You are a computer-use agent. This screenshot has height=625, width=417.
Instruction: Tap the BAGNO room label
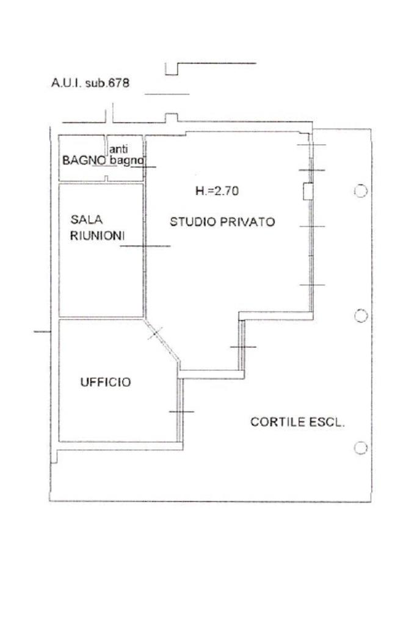[x=84, y=160]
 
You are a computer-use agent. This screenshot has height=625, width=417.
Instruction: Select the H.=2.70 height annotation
[x=217, y=191]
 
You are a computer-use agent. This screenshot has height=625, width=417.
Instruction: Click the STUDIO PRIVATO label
[x=222, y=222]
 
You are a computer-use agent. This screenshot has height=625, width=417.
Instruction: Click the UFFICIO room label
[x=106, y=382]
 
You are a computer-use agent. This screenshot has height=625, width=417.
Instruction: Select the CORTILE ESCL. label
[x=298, y=422]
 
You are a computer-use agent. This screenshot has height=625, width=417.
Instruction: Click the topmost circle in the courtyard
[x=361, y=191]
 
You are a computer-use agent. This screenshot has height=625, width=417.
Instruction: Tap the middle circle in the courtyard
[x=361, y=316]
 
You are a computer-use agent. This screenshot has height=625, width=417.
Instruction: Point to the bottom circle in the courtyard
[x=361, y=448]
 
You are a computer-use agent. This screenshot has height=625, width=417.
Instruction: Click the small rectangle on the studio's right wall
[x=308, y=191]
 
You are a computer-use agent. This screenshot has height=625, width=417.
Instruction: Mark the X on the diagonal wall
[x=156, y=333]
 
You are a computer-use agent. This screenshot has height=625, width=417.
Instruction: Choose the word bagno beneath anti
[x=126, y=161]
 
